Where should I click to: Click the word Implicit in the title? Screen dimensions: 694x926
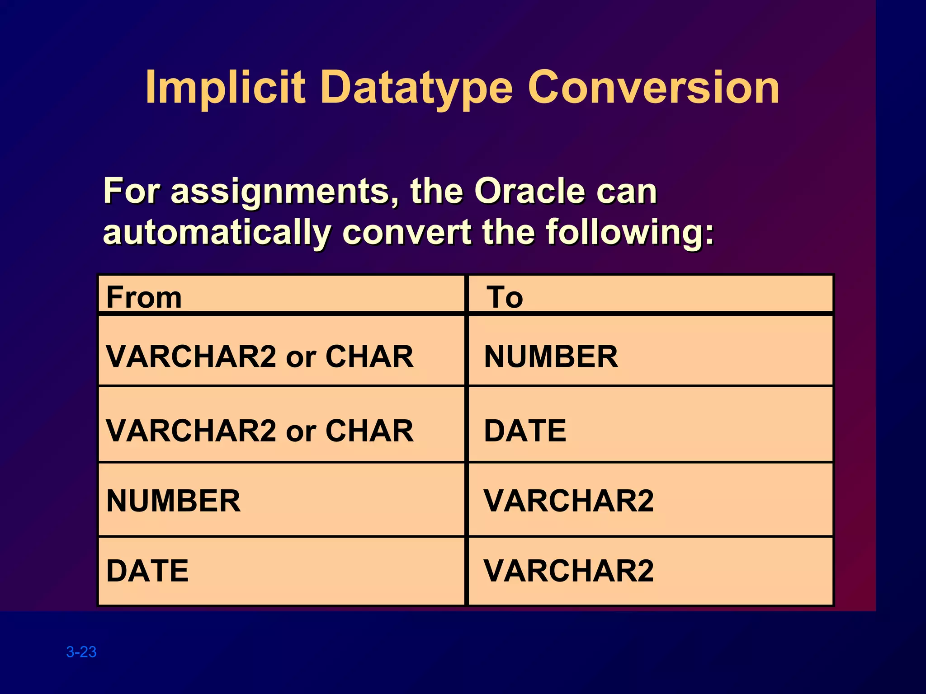[x=225, y=87]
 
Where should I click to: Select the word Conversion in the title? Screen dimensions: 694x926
[x=653, y=87]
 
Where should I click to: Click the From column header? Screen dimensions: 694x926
[x=144, y=297]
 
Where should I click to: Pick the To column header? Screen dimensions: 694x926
[x=505, y=297]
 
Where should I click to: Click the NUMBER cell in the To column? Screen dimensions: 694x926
[x=551, y=356]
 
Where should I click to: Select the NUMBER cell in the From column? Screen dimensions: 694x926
[x=173, y=501]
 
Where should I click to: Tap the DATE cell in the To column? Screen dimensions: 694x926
[x=525, y=431]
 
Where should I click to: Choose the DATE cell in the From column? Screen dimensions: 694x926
[x=147, y=571]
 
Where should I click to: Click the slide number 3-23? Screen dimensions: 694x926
[x=81, y=652]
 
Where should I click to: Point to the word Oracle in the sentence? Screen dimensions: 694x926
[x=529, y=191]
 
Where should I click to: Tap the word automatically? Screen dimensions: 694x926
[x=217, y=233]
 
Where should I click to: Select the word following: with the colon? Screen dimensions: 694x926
[x=630, y=233]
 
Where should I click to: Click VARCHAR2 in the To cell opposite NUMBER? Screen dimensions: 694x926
[x=568, y=501]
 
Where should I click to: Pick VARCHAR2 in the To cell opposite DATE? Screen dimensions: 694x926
[x=568, y=571]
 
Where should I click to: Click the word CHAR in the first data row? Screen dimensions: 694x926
[x=369, y=356]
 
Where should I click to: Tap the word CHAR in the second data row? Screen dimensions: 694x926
[x=369, y=431]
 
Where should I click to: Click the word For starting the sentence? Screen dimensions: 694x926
[x=132, y=191]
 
